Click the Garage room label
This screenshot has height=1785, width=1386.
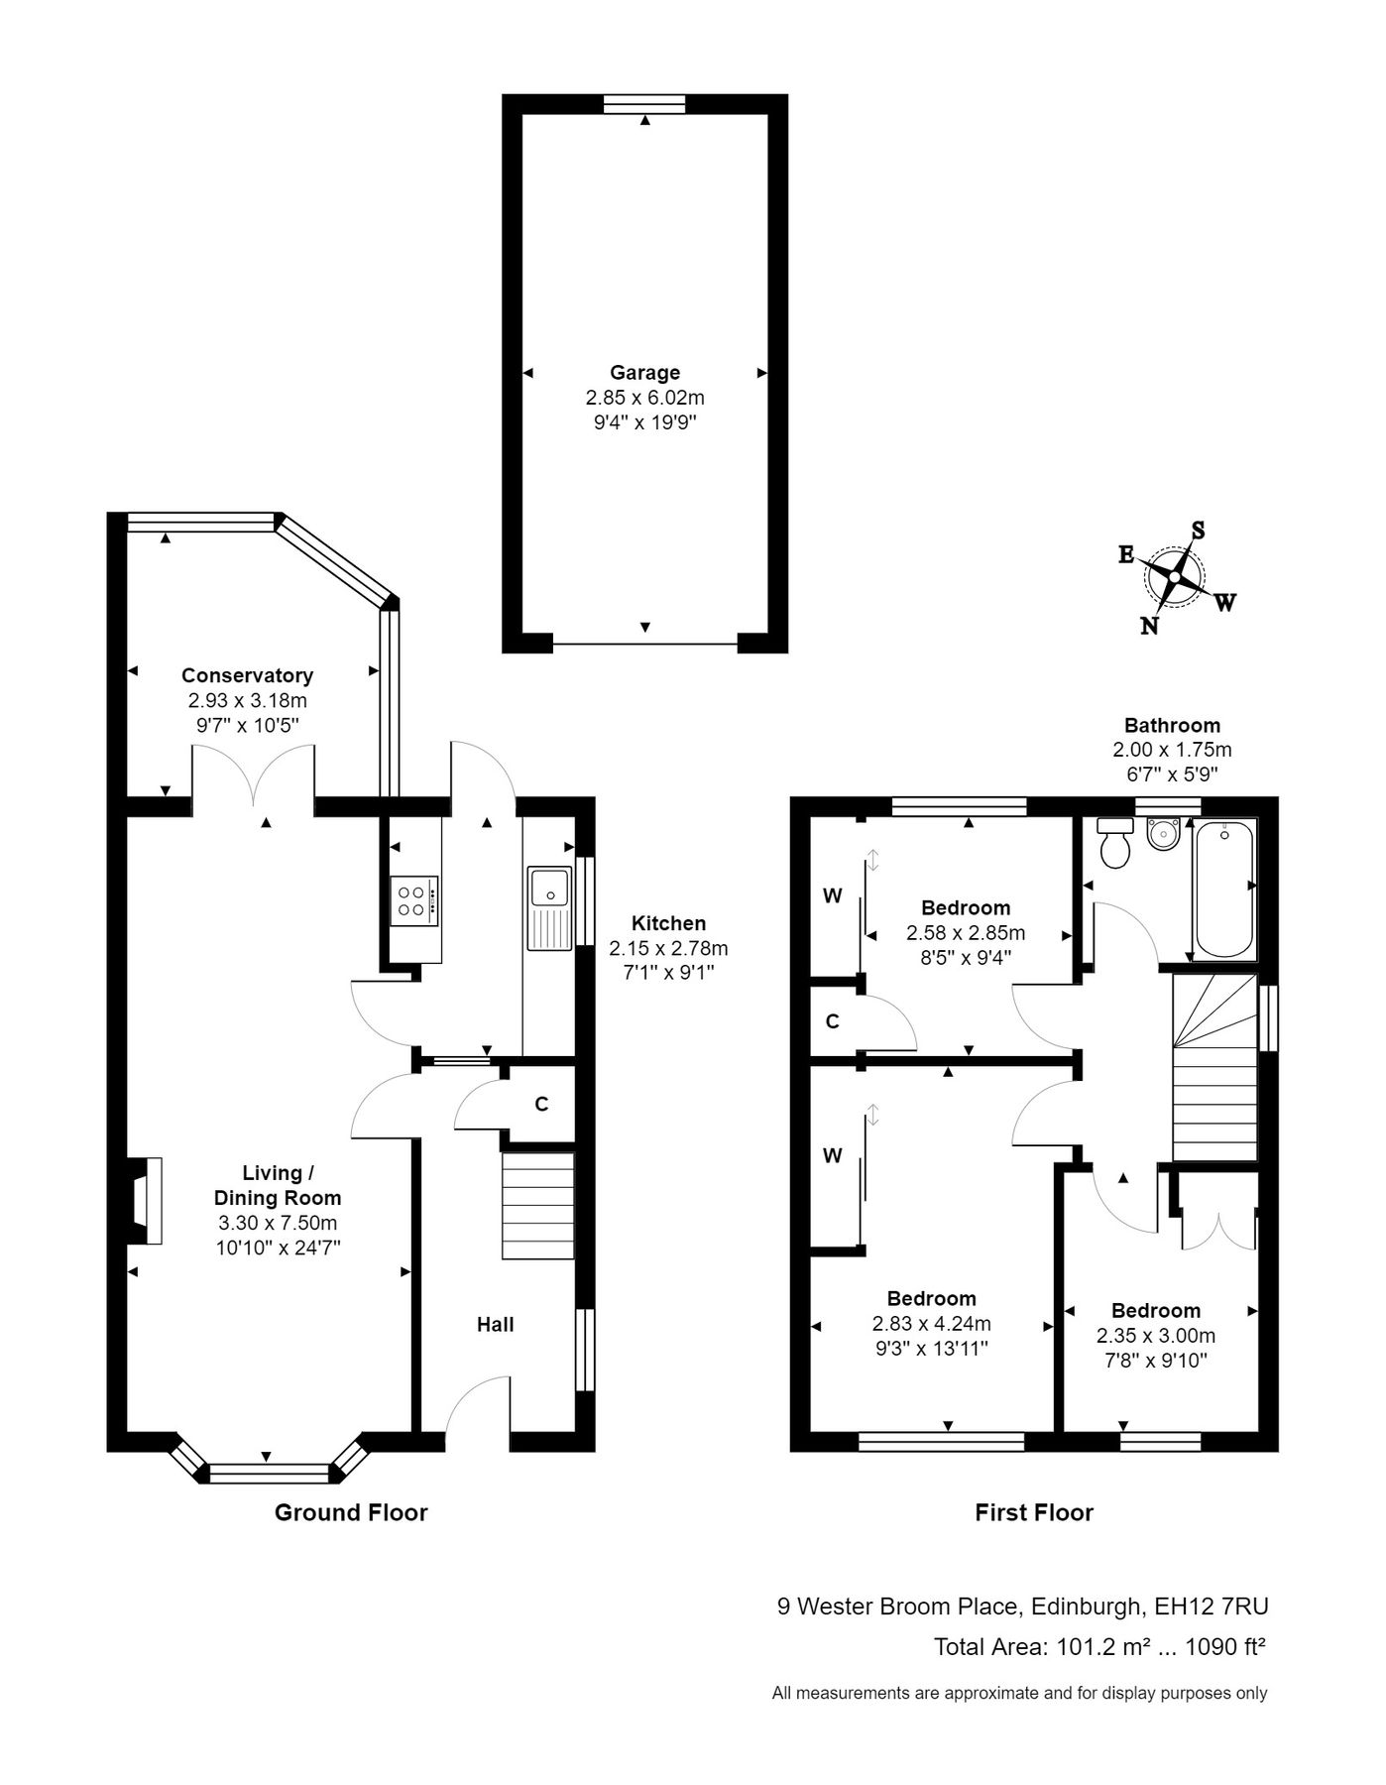(x=644, y=373)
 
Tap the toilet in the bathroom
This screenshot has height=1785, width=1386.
(x=1116, y=845)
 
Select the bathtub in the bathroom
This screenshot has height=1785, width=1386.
(x=1223, y=890)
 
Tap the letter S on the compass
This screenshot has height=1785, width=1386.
(x=1198, y=531)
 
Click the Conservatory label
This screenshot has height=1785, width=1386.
(x=247, y=675)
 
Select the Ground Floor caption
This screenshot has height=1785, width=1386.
(x=351, y=1512)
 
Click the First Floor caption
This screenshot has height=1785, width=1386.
(x=1034, y=1512)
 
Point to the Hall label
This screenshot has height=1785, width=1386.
(x=496, y=1324)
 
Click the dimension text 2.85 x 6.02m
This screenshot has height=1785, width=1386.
(x=644, y=398)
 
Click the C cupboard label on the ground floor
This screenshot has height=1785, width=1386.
(x=541, y=1104)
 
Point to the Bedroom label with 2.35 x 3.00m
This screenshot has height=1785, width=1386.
(x=1156, y=1310)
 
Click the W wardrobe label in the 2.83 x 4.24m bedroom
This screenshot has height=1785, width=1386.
(x=833, y=1155)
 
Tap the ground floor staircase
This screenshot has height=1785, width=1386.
(x=538, y=1205)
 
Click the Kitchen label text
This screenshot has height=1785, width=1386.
(x=669, y=923)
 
